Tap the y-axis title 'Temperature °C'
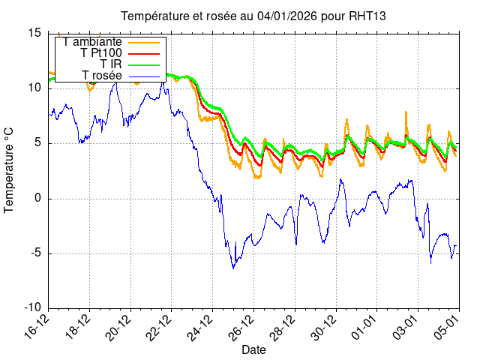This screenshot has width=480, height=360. (x=10, y=169)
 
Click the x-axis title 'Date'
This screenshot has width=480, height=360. (x=253, y=349)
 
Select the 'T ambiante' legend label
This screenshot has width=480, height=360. (x=92, y=42)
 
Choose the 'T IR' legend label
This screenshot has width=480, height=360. (x=111, y=64)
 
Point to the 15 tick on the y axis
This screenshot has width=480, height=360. (x=34, y=33)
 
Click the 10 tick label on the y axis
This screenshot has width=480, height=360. (x=34, y=88)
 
